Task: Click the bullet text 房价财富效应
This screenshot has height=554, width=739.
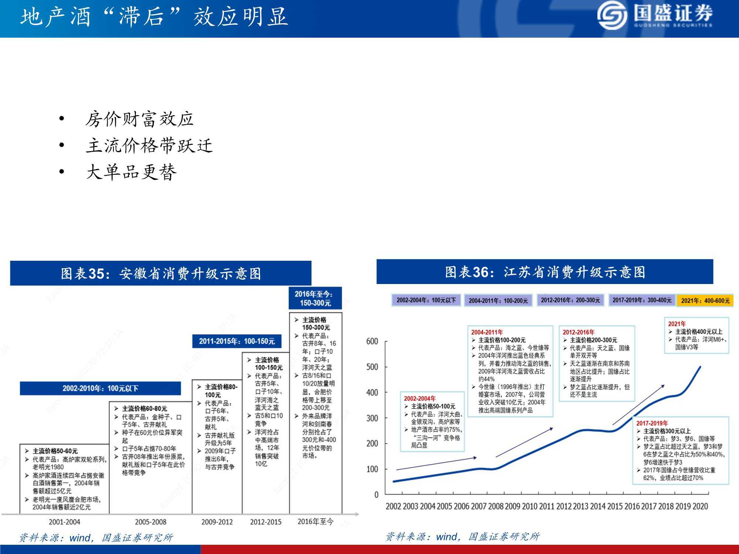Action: tap(139, 119)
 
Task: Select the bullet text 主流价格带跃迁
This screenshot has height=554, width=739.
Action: tap(149, 146)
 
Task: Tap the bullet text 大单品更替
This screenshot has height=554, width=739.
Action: tap(131, 172)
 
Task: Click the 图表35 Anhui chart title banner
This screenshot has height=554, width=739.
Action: tap(161, 273)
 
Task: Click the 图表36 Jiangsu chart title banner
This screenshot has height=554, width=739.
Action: tap(545, 272)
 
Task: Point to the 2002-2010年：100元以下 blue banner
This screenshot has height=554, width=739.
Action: tap(100, 388)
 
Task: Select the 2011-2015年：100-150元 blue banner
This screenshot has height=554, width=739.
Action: tap(237, 341)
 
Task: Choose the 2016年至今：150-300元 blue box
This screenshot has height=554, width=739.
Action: tap(315, 298)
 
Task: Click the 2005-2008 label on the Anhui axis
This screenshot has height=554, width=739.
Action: tap(150, 522)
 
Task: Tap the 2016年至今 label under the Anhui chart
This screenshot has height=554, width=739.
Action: tap(316, 521)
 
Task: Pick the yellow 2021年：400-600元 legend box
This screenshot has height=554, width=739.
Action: tap(705, 301)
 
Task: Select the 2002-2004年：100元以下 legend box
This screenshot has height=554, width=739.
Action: tap(426, 300)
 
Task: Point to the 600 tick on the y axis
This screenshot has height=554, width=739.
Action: tap(372, 341)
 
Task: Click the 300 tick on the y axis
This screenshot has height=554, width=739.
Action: tap(372, 418)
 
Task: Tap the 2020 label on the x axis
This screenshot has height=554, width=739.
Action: tap(700, 506)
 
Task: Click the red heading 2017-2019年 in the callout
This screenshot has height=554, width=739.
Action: tap(652, 423)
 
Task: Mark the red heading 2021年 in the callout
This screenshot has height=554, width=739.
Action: tap(677, 324)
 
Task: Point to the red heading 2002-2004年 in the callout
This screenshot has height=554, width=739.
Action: tap(419, 399)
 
